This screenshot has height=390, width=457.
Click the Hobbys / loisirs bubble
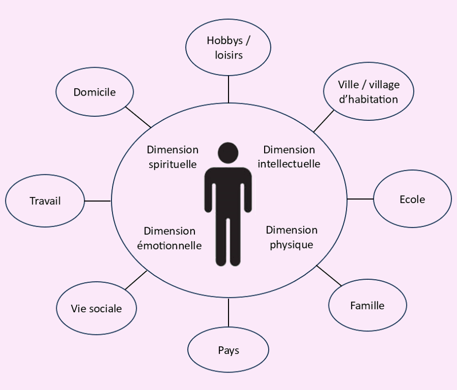[228, 48]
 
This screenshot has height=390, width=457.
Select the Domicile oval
[95, 92]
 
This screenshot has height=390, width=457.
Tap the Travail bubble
[45, 201]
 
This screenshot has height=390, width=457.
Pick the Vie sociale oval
[96, 308]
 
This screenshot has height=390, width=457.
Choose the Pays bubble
[228, 349]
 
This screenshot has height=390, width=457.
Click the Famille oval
[368, 305]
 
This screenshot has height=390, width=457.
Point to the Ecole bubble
[412, 199]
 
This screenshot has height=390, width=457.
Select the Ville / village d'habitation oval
[369, 91]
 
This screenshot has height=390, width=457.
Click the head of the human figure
[228, 153]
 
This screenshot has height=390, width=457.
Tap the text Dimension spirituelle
[173, 157]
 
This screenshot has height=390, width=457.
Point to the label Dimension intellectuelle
[289, 157]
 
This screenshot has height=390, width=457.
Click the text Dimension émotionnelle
[169, 238]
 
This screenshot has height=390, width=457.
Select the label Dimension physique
[291, 237]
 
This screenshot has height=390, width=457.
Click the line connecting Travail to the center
[97, 201]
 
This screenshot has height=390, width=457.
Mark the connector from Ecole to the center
[360, 199]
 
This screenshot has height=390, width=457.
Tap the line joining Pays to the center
[228, 313]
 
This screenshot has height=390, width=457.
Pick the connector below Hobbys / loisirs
[228, 89]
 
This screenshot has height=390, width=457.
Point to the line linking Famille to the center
[329, 275]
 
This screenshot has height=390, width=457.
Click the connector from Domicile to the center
[138, 117]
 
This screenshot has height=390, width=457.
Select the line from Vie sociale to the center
[136, 280]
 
